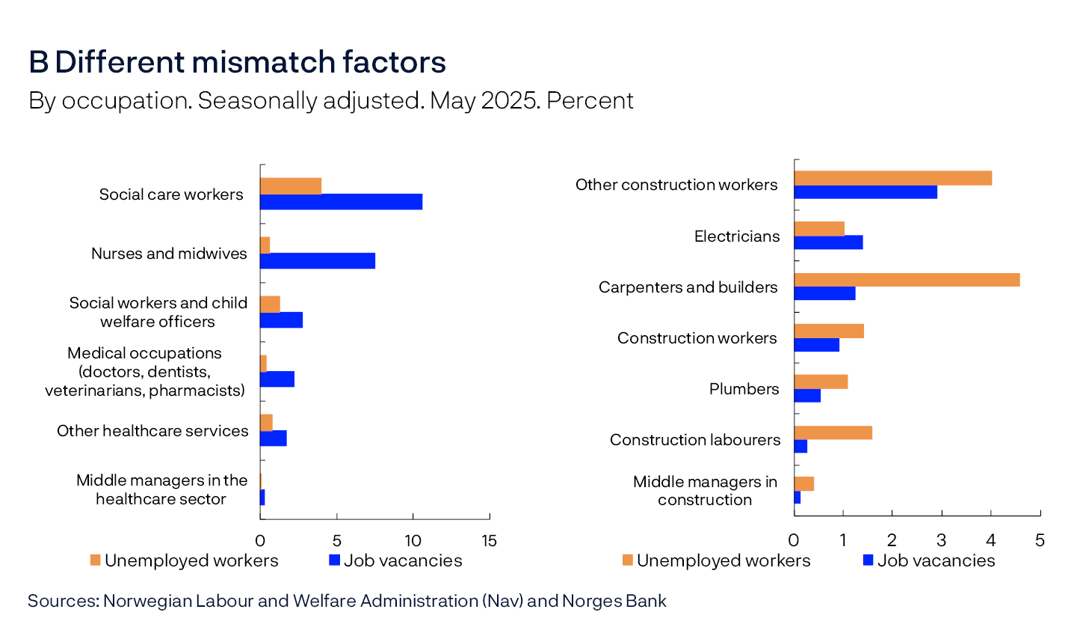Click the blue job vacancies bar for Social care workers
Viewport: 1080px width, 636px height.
[x=341, y=202]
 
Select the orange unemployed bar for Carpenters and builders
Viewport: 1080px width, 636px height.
[x=907, y=280]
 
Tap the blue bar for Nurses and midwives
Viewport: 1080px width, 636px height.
[x=318, y=260]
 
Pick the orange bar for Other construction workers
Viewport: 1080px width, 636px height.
[x=892, y=178]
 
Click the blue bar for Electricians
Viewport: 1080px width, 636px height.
[x=828, y=242]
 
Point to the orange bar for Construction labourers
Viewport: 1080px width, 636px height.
[x=833, y=432]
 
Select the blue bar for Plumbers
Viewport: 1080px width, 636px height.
[x=807, y=396]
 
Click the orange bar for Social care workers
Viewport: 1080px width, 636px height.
[x=291, y=186]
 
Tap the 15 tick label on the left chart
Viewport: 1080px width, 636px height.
[x=490, y=541]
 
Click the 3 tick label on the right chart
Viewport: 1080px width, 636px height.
[x=941, y=540]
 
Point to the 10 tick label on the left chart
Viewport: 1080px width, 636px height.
[x=413, y=541]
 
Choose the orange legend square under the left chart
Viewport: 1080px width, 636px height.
[x=95, y=560]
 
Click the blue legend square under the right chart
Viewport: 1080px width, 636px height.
[x=868, y=560]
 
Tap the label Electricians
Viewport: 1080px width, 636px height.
[x=736, y=236]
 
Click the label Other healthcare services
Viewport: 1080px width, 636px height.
[x=152, y=431]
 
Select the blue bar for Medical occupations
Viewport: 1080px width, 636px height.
[x=277, y=379]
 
